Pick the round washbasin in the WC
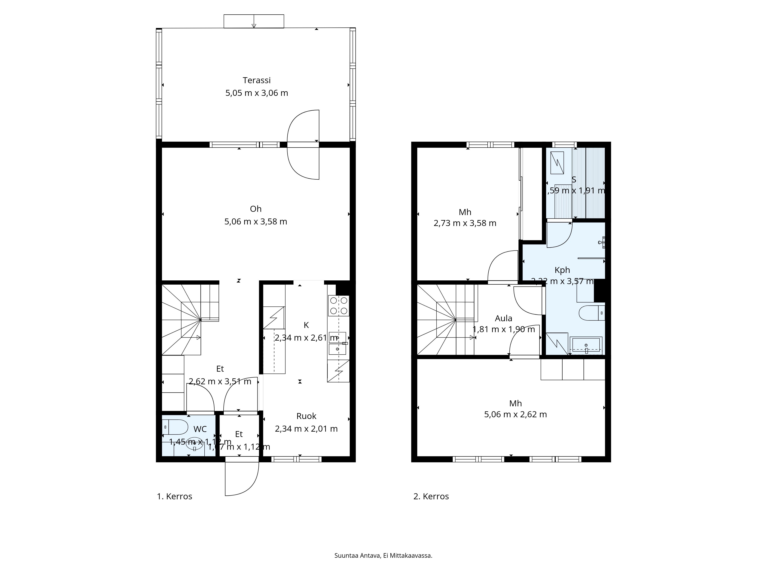pyautogui.click(x=194, y=444)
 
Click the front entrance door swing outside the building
pyautogui.click(x=242, y=478)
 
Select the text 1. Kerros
pyautogui.click(x=174, y=496)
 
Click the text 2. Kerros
pyautogui.click(x=431, y=496)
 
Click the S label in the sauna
pyautogui.click(x=574, y=180)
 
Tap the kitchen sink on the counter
pyautogui.click(x=337, y=343)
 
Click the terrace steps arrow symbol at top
pyautogui.click(x=254, y=21)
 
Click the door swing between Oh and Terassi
pyautogui.click(x=303, y=145)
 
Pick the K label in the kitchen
pyautogui.click(x=306, y=325)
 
